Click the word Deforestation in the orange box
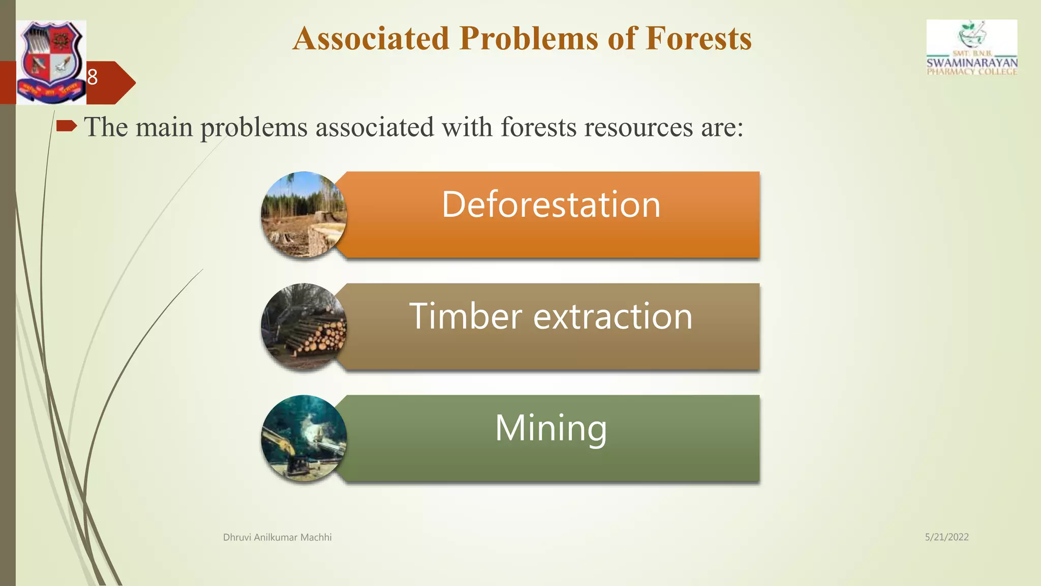(x=551, y=204)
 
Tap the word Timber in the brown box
(x=465, y=316)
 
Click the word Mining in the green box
(x=551, y=428)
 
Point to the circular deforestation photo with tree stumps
(x=304, y=214)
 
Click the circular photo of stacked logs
(x=304, y=326)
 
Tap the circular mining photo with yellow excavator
(x=304, y=438)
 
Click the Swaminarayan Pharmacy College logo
(x=972, y=48)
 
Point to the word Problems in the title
(x=529, y=39)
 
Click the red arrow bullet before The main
(x=66, y=126)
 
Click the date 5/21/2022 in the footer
(x=946, y=537)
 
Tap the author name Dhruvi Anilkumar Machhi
(x=277, y=537)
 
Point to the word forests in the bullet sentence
(x=538, y=127)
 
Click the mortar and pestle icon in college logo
(x=972, y=35)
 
